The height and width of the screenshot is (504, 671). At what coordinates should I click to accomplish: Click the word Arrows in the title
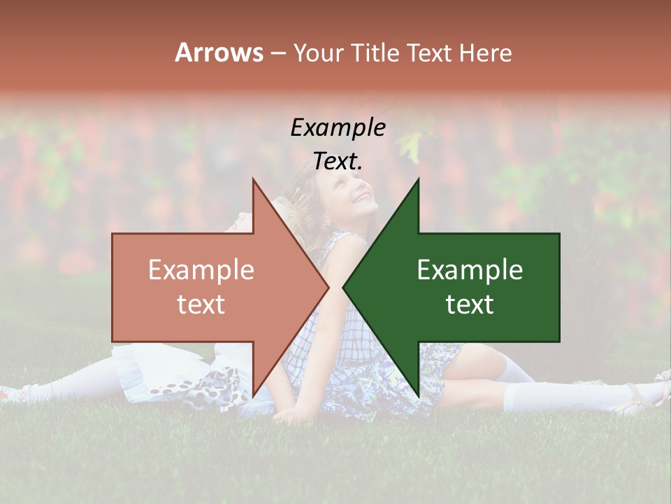point(219,52)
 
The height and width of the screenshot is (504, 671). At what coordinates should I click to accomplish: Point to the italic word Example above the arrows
point(338,128)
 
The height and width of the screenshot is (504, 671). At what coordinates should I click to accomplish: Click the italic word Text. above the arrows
point(338,162)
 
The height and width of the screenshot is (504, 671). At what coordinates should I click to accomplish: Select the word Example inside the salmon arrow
point(201,270)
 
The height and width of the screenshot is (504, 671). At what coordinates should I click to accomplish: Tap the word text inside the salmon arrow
point(201,304)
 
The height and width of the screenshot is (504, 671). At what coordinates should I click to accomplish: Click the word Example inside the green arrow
point(470,270)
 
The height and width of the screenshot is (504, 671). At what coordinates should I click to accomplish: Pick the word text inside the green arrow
point(470,304)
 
